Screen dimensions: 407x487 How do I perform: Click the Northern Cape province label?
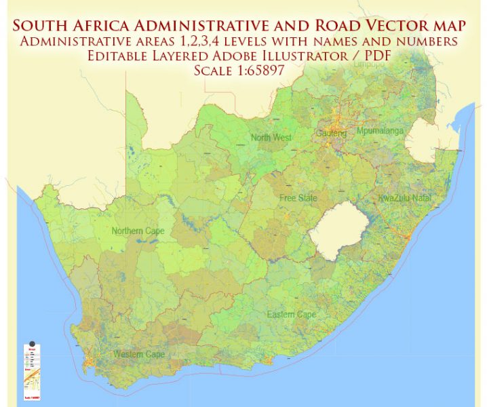[x=138, y=231]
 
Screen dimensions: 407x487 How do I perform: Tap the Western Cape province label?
[x=139, y=355]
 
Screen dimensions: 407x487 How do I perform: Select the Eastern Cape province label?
[x=291, y=315]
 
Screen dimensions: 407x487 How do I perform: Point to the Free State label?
[x=298, y=198]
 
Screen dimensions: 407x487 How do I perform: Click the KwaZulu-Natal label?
[x=406, y=198]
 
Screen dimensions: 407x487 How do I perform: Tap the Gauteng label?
[x=331, y=134]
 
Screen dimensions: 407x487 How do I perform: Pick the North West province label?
[x=271, y=138]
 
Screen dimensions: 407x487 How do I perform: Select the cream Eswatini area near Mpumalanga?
[x=428, y=141]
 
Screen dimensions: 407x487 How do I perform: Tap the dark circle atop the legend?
[x=31, y=343]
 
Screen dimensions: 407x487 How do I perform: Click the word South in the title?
[x=45, y=26]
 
